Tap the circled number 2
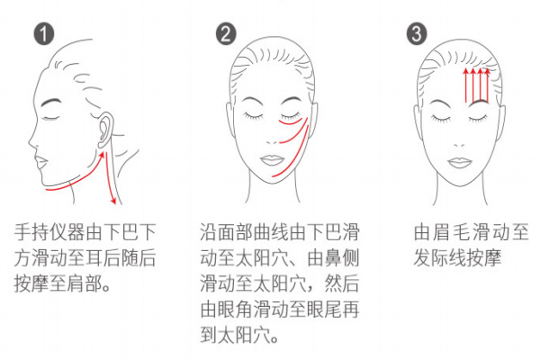click(226, 34)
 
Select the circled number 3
click(415, 34)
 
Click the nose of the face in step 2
click(274, 138)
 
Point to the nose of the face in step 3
click(466, 138)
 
